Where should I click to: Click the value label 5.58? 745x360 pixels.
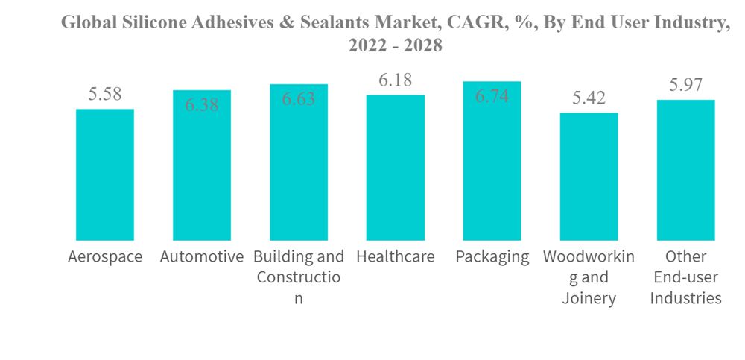[x=105, y=95]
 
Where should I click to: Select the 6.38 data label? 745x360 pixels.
[x=202, y=105]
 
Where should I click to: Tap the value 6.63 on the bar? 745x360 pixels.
[x=299, y=99]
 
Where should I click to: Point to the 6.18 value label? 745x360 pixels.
[x=395, y=80]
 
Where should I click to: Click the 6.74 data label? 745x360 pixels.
[x=492, y=96]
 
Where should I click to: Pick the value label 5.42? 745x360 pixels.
[x=589, y=98]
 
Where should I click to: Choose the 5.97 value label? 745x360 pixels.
[x=685, y=85]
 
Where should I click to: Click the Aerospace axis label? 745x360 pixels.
[x=105, y=257]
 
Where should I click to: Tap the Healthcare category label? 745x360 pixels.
[x=395, y=257]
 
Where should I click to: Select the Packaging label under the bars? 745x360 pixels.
[x=492, y=257]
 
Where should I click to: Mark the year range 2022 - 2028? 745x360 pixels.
[x=395, y=45]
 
